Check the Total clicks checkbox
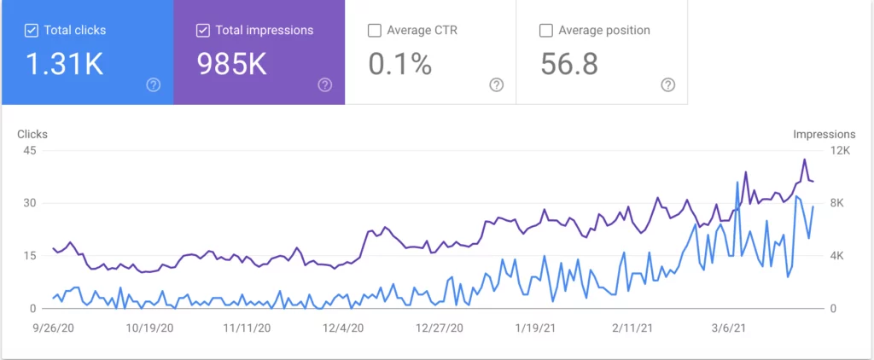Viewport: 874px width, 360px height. pyautogui.click(x=32, y=31)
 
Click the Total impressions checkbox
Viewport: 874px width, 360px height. pyautogui.click(x=203, y=31)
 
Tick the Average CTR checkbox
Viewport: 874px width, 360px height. pyautogui.click(x=374, y=31)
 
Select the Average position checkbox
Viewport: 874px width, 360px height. pyautogui.click(x=546, y=31)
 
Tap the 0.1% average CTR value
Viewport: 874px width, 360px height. pyautogui.click(x=400, y=63)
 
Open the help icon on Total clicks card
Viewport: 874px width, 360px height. pyautogui.click(x=154, y=84)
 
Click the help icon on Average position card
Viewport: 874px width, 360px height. pyautogui.click(x=668, y=84)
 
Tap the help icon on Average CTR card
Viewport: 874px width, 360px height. pyautogui.click(x=496, y=84)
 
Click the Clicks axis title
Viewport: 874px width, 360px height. pyautogui.click(x=32, y=134)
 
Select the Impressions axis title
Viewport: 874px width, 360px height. pyautogui.click(x=824, y=134)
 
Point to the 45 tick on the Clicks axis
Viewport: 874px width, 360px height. pyautogui.click(x=29, y=151)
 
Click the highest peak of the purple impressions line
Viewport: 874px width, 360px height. pyautogui.click(x=804, y=160)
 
